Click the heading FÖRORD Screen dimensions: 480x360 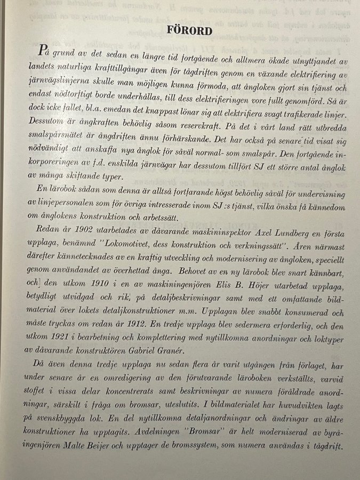point(189,30)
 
